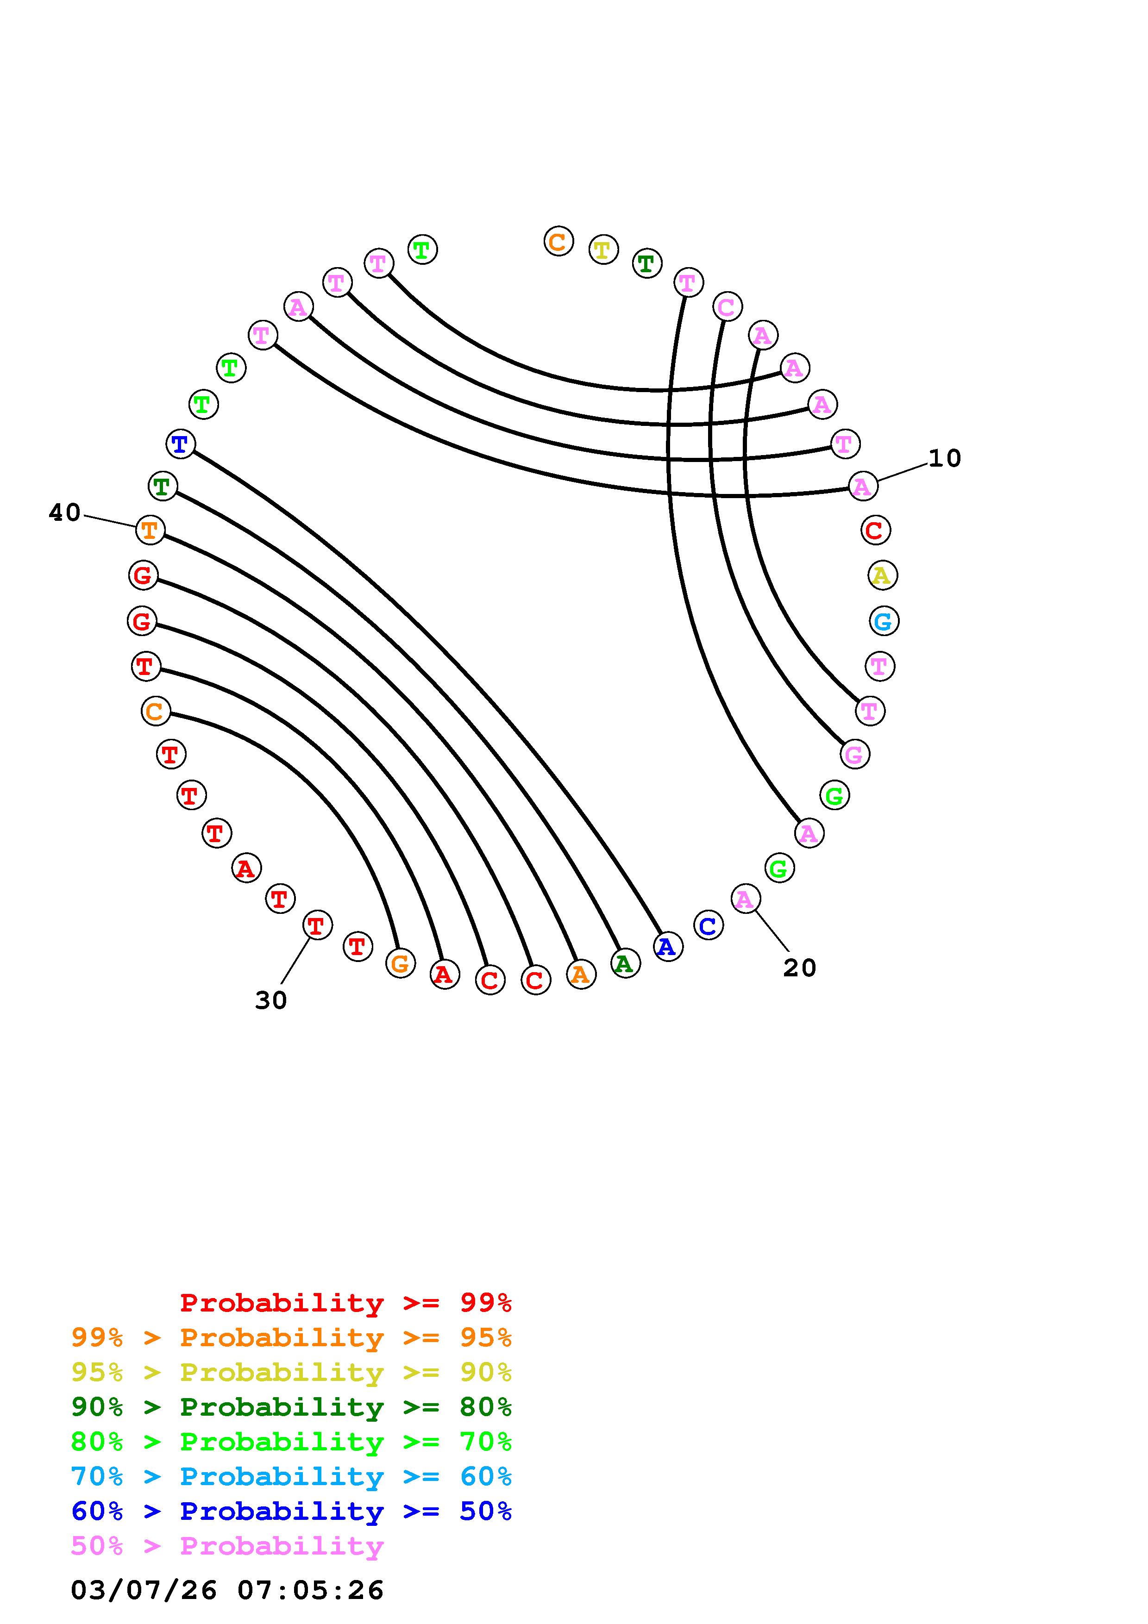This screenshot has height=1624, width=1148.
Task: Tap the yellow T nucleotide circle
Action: tap(602, 250)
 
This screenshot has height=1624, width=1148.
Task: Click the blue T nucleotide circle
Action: tap(180, 444)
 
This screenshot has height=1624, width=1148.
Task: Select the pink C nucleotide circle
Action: tap(727, 307)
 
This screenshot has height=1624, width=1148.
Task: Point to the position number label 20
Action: tap(799, 968)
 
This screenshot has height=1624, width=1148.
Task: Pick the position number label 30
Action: tap(271, 1000)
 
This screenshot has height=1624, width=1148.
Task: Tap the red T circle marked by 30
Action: tap(317, 925)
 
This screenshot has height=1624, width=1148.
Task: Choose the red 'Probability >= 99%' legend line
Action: tap(346, 1303)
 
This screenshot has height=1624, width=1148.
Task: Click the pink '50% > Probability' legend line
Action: tap(227, 1546)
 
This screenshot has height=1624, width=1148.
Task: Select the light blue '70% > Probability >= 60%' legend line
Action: tap(291, 1477)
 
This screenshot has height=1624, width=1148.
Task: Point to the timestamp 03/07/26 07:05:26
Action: tap(227, 1590)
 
